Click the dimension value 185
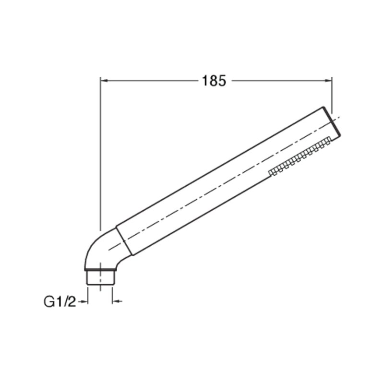click(214, 81)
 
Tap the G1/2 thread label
click(60, 302)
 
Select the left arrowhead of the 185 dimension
click(105, 81)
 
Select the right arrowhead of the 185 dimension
click(328, 81)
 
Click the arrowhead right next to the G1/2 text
click(84, 302)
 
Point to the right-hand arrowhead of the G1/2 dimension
click(116, 301)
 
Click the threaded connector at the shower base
click(100, 277)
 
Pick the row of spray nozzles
click(300, 156)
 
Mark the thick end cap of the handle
click(332, 121)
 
